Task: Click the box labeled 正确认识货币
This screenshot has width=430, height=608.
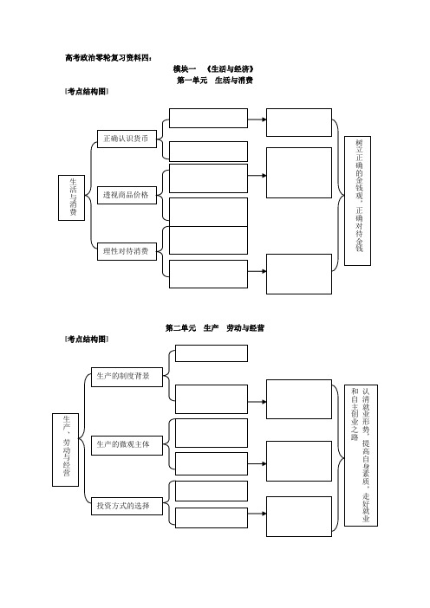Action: [127, 139]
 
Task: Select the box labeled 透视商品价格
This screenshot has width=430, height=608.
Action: [127, 195]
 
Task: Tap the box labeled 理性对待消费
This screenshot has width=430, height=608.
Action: [127, 251]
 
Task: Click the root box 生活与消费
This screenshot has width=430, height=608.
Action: [71, 197]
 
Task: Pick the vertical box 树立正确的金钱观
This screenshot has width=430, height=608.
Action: [357, 201]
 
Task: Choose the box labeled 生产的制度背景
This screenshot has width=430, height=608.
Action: [127, 377]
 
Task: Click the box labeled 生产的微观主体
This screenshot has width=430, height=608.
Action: [127, 445]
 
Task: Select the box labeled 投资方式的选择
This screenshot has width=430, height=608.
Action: [127, 506]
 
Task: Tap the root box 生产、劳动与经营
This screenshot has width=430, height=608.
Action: [65, 450]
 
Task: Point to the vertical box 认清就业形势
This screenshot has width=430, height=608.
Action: [361, 456]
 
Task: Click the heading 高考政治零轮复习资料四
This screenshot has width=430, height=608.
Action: [108, 58]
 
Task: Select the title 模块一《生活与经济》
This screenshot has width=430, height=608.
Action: [214, 69]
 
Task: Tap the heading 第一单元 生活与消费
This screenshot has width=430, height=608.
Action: [215, 81]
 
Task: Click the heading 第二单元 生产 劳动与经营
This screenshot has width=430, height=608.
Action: [215, 328]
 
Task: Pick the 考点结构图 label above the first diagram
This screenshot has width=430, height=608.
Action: [87, 92]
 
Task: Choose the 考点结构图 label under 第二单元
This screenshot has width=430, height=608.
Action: [87, 340]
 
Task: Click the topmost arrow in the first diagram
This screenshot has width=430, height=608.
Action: [257, 120]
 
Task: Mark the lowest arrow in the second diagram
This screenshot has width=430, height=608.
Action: [257, 514]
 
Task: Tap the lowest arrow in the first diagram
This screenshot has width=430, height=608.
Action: [257, 271]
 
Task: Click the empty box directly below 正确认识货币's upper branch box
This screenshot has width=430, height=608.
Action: [208, 152]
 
